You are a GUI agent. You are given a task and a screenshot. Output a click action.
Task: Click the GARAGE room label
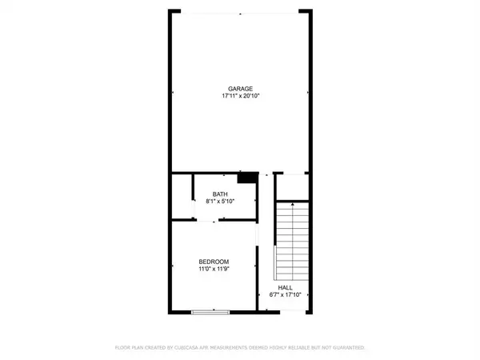pyautogui.click(x=240, y=88)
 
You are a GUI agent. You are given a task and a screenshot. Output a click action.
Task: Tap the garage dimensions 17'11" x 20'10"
pyautogui.click(x=240, y=96)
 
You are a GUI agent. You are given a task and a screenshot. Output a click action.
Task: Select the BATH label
pyautogui.click(x=220, y=194)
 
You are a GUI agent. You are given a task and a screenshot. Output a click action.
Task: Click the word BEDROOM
pyautogui.click(x=214, y=262)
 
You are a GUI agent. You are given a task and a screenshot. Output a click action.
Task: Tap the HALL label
pyautogui.click(x=286, y=287)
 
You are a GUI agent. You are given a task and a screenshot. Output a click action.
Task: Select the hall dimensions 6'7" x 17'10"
pyautogui.click(x=286, y=295)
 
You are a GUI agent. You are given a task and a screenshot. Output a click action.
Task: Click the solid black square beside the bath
pyautogui.click(x=250, y=178)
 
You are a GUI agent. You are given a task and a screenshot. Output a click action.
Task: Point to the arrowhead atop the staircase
pyautogui.click(x=293, y=205)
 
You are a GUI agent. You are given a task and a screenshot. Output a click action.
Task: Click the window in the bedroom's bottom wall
pyautogui.click(x=214, y=312)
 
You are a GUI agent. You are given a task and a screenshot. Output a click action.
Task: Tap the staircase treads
pyautogui.click(x=293, y=240)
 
